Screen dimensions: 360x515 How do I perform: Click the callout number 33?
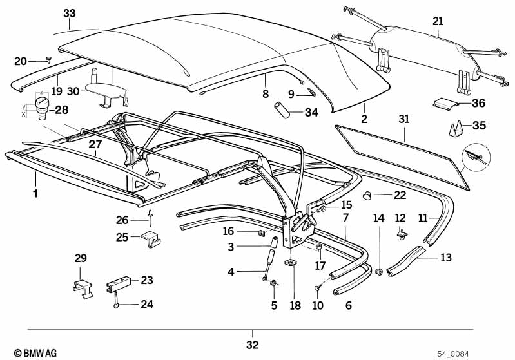click(70, 13)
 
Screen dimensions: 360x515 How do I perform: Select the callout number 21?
click(438, 21)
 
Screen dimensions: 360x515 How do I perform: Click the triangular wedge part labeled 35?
click(454, 128)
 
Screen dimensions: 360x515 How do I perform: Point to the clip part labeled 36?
click(444, 102)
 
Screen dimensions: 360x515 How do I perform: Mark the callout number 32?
click(253, 345)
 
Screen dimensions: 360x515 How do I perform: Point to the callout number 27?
click(95, 145)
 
